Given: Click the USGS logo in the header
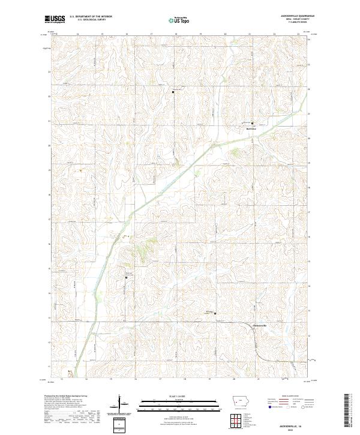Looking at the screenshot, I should click(x=53, y=20).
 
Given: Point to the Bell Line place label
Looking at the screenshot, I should click(x=251, y=128).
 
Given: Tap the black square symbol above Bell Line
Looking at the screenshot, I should click(x=252, y=123).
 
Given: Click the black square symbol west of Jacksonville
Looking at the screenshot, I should click(x=215, y=313).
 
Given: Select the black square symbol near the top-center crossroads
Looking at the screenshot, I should click(x=173, y=92).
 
